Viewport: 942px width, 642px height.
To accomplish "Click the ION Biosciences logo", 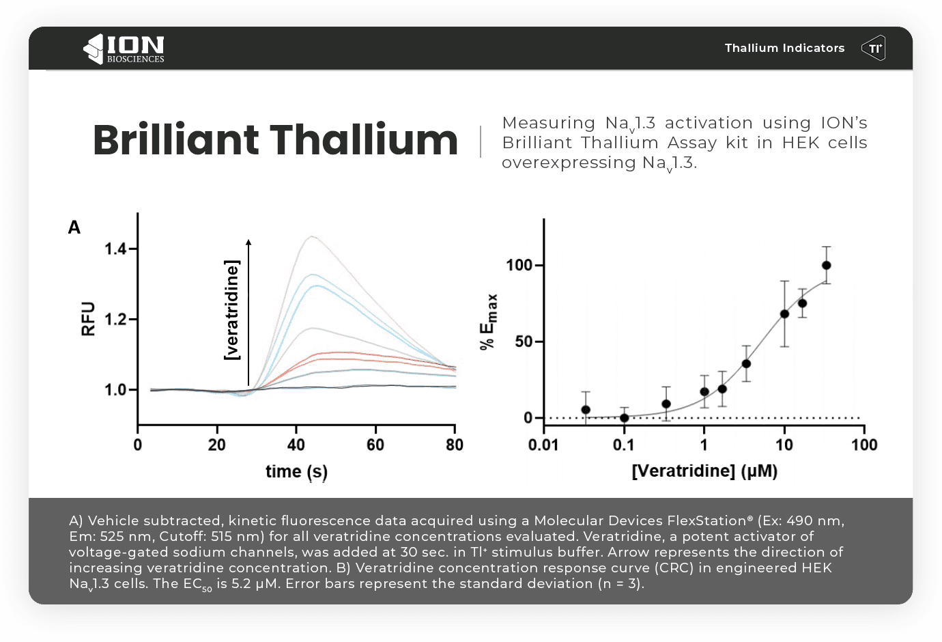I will click(x=124, y=48).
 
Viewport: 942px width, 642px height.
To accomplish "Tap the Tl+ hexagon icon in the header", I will click(x=873, y=48).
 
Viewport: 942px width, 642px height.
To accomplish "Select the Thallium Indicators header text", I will click(x=784, y=48).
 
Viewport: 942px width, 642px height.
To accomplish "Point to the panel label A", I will click(x=74, y=227).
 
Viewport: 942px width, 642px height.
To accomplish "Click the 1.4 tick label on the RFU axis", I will click(x=115, y=249).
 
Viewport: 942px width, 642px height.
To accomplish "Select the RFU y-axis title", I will click(x=88, y=318).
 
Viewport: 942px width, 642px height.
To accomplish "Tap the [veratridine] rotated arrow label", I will click(x=232, y=309).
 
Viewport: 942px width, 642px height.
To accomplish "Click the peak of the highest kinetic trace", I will click(x=311, y=237).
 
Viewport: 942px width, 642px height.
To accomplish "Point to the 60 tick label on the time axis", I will click(x=375, y=445).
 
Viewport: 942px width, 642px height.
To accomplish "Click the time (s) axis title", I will click(x=296, y=472).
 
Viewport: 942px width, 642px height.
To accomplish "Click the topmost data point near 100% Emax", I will click(x=826, y=266).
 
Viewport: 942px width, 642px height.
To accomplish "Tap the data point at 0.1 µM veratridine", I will click(x=624, y=418).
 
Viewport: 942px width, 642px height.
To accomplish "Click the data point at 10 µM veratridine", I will click(x=784, y=314).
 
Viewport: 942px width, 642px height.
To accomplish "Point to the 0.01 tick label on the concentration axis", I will click(x=543, y=445).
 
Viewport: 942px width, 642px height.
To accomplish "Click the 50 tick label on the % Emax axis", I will click(x=524, y=341).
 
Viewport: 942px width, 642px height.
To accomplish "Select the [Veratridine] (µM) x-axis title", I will click(x=704, y=471).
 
